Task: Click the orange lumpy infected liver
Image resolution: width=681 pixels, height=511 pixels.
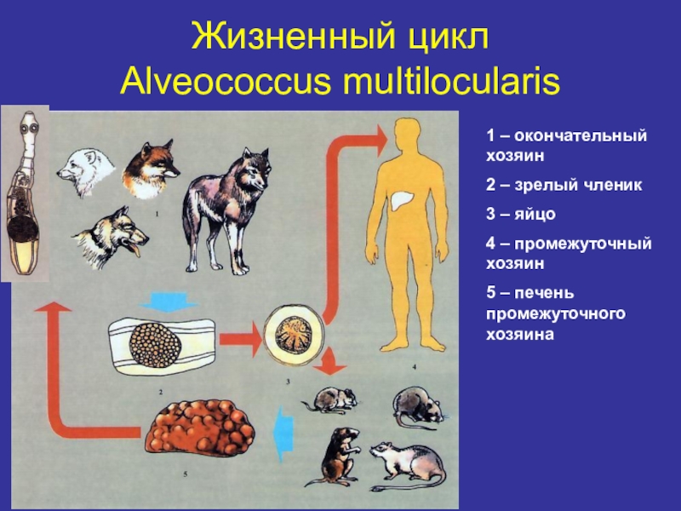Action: (199, 434)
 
